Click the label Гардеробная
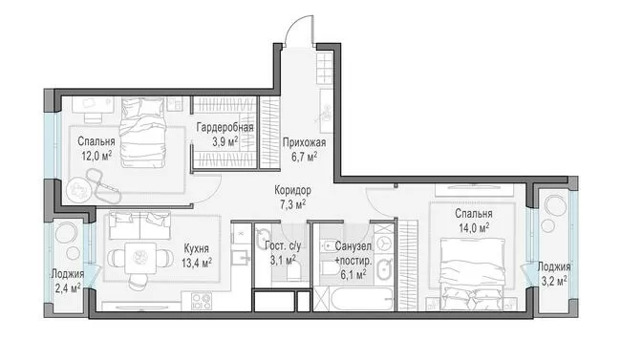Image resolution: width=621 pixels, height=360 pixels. [x=225, y=128]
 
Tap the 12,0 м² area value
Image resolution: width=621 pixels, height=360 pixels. [x=96, y=156]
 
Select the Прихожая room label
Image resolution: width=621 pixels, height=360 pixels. [x=304, y=142]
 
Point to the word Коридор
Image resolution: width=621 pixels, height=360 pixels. [x=293, y=190]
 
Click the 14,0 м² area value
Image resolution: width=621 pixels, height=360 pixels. [x=474, y=228]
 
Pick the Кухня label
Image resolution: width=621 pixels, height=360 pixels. [x=196, y=248]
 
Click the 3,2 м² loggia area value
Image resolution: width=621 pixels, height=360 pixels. [x=554, y=281]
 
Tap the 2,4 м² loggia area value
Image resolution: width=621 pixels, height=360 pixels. [x=69, y=288]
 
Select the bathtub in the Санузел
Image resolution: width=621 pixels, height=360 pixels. [x=361, y=299]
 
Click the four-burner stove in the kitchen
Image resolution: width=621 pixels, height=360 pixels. [x=202, y=301]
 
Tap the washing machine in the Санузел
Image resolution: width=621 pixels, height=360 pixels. [x=384, y=244]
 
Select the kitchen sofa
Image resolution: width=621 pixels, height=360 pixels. [x=139, y=225]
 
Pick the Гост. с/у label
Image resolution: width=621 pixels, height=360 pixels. [x=283, y=246]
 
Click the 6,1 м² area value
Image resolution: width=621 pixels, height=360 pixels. [x=353, y=274]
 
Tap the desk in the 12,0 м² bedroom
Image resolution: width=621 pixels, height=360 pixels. [x=93, y=106]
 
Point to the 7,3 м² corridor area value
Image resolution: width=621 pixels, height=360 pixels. [x=293, y=204]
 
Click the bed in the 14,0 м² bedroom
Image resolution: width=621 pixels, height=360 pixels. [x=473, y=273]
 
